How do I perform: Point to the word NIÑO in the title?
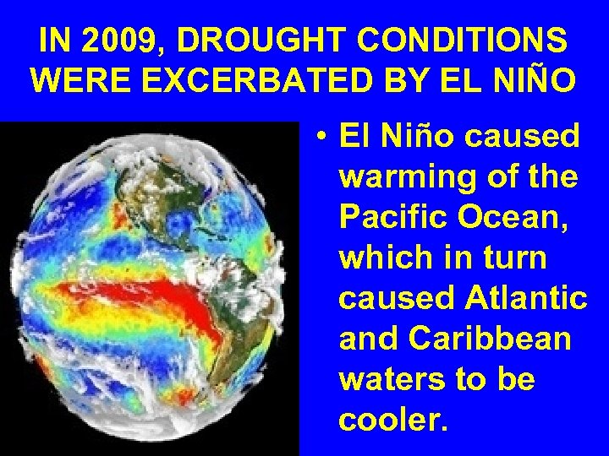tap(539, 80)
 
